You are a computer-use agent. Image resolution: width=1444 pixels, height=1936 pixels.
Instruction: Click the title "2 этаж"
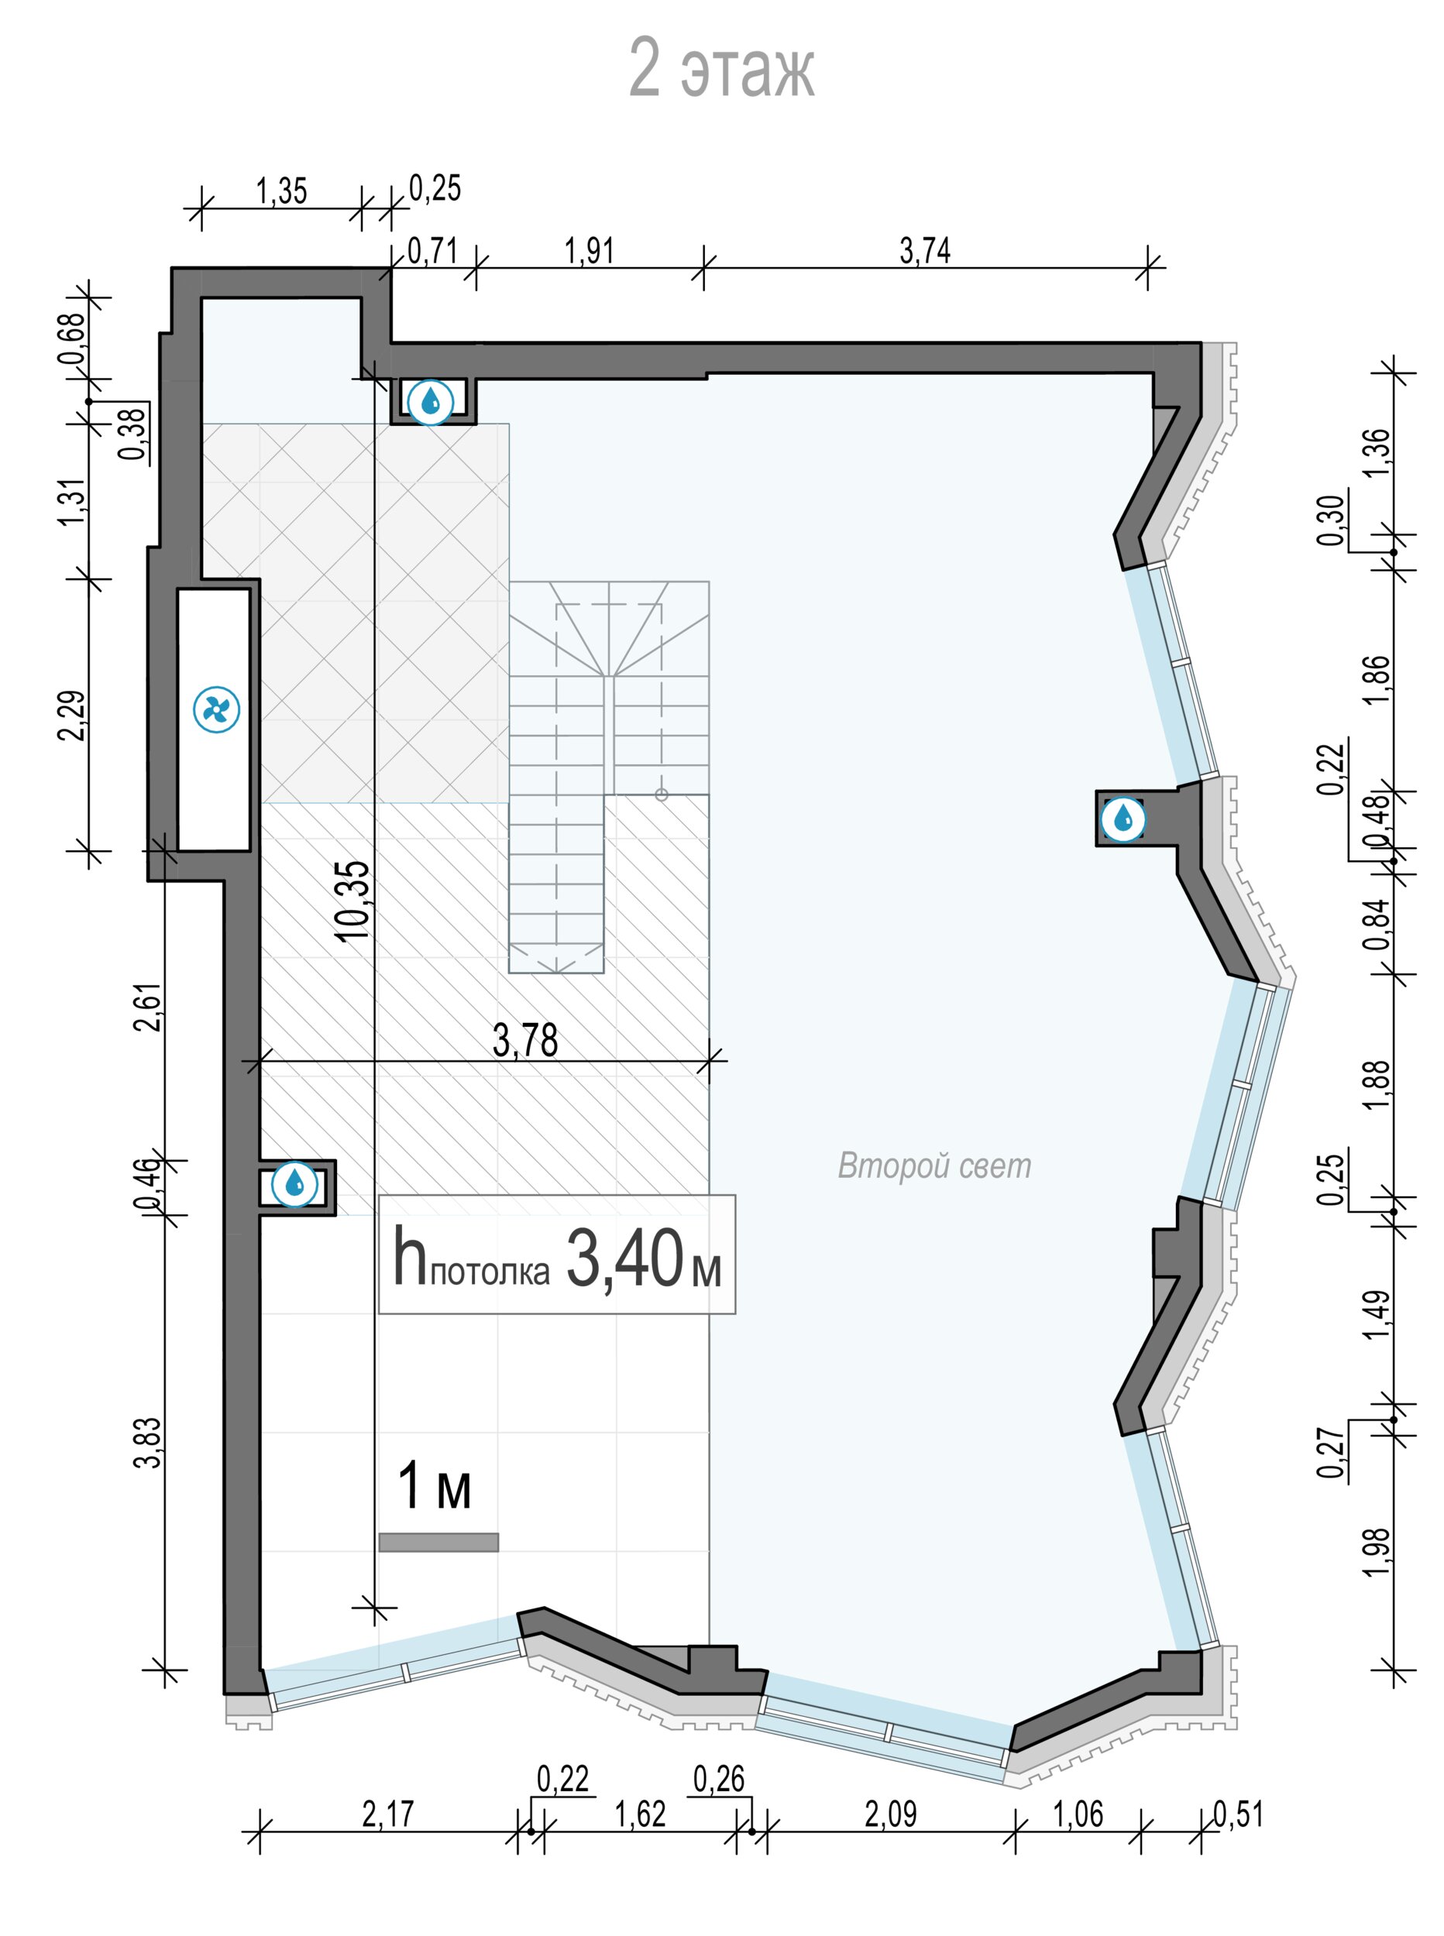[721, 68]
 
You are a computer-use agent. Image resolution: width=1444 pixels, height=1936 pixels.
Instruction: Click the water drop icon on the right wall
[1123, 819]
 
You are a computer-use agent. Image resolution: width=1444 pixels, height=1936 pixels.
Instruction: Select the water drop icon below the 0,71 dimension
[430, 402]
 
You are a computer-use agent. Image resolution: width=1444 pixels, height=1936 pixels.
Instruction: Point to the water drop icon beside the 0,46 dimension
[294, 1184]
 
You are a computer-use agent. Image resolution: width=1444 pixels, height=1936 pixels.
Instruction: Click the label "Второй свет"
[934, 1166]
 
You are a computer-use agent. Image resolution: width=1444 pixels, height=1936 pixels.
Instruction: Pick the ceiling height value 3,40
[624, 1259]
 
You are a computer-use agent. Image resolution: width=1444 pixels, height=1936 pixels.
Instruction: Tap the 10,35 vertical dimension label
[355, 901]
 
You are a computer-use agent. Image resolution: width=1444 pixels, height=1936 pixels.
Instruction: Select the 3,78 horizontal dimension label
[525, 1040]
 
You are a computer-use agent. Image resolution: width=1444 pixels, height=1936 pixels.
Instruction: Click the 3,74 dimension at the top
[925, 252]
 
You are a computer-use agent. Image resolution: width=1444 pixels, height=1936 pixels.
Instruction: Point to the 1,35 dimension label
[281, 191]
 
